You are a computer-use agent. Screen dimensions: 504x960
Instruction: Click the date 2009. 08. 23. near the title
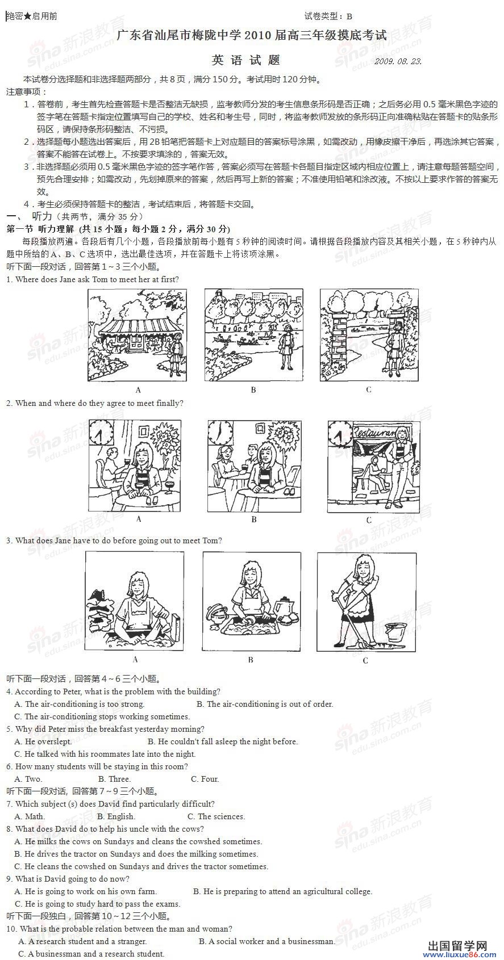[398, 61]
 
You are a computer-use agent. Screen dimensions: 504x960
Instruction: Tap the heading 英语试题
[246, 60]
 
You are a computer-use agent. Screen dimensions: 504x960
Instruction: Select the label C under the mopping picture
[365, 660]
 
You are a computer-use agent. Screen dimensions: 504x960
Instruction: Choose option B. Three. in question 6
[115, 779]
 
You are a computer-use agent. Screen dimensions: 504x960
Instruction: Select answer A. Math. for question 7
[30, 816]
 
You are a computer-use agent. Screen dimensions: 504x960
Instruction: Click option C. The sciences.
[216, 816]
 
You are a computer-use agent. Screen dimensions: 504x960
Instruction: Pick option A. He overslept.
[43, 741]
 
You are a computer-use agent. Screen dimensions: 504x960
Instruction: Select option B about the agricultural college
[282, 891]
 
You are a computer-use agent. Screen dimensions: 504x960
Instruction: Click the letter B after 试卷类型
[349, 16]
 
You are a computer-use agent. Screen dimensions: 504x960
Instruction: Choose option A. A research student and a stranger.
[82, 941]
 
